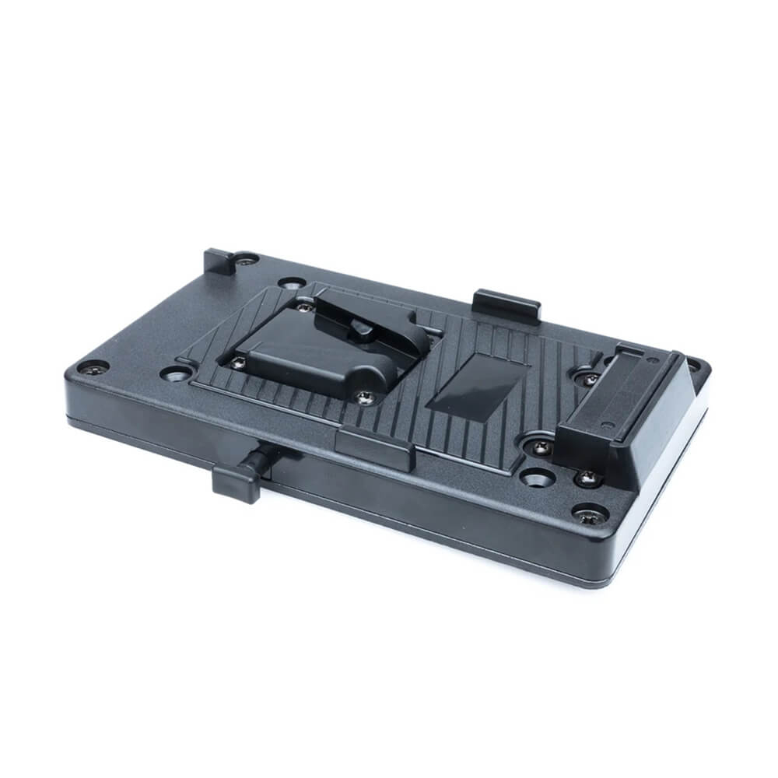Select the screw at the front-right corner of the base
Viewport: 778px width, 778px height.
tap(591, 514)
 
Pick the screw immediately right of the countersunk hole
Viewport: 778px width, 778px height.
tap(587, 477)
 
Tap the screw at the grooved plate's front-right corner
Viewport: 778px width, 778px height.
tap(540, 447)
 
